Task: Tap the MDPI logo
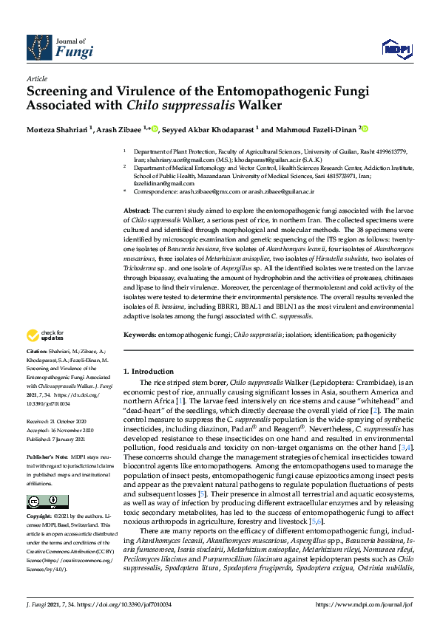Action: pyautogui.click(x=396, y=49)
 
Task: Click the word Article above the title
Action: pyautogui.click(x=36, y=78)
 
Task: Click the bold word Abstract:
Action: pyautogui.click(x=138, y=211)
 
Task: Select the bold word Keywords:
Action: pyautogui.click(x=140, y=335)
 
